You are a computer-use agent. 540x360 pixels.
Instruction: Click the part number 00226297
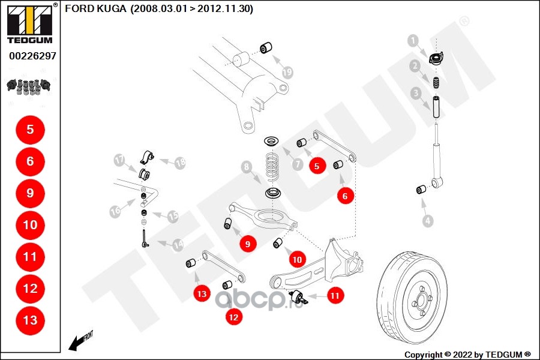pos(33,56)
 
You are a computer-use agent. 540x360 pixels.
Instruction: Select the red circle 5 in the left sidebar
pos(31,130)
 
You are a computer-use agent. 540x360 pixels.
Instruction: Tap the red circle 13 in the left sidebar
pos(31,320)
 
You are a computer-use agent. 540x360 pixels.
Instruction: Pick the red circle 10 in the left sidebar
pos(31,225)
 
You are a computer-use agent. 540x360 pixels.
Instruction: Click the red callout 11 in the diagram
pos(335,296)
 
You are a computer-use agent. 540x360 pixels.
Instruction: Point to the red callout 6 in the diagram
pos(345,196)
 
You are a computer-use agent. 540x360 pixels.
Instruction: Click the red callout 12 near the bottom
pos(233,317)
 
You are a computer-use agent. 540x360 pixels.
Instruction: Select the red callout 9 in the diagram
pos(248,244)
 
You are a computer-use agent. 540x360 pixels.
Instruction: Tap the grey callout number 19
pos(287,72)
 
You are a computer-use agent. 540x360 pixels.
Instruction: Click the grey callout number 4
pos(428,220)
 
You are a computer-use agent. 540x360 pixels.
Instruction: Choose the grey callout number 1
pos(413,41)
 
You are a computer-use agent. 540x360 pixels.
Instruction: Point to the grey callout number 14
pos(178,245)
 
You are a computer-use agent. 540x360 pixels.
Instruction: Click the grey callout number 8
pos(246,167)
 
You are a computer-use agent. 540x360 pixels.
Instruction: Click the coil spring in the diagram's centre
pos(273,167)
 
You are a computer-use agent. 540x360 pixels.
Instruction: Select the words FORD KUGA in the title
pos(95,8)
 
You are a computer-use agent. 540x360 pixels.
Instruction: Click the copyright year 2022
pos(462,355)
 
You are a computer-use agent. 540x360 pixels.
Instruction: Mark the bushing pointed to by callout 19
pos(266,48)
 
